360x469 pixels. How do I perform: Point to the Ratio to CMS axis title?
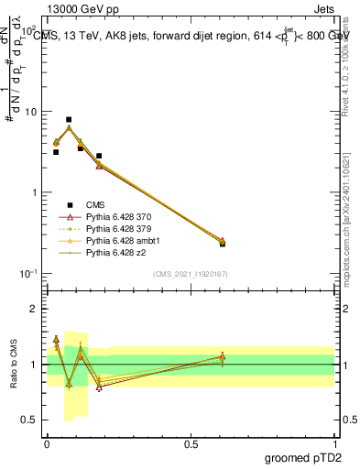coord(12,363)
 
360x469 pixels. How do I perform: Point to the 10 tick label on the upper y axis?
coord(30,112)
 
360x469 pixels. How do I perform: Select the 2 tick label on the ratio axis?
coord(34,309)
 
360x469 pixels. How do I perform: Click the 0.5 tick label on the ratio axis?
coord(30,420)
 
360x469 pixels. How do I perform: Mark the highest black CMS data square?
coord(69,119)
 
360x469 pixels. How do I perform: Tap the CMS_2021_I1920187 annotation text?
coord(191,274)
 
